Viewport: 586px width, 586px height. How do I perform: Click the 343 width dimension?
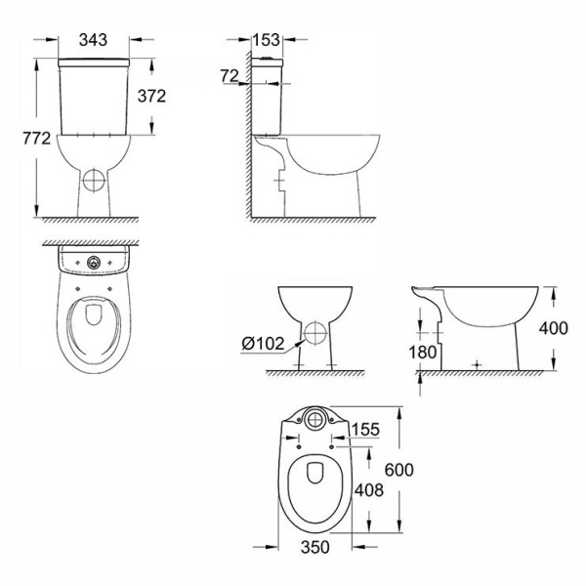point(93,40)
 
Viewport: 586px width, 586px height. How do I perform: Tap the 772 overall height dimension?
point(36,139)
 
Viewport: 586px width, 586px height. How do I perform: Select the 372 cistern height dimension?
point(151,97)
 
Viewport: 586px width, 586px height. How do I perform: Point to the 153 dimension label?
point(266,40)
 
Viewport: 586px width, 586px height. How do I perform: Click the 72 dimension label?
point(230,76)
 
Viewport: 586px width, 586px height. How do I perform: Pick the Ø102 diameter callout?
point(263,343)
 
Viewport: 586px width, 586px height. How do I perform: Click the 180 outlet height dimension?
point(423,352)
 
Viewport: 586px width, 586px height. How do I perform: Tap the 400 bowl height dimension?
point(553,328)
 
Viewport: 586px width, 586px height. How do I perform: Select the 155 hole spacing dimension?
point(365,429)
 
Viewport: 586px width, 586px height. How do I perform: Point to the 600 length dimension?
point(399,470)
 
